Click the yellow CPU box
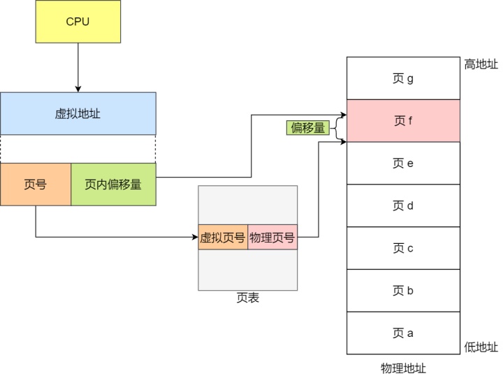pyautogui.click(x=78, y=22)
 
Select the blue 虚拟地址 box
pyautogui.click(x=78, y=113)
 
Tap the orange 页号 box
pyautogui.click(x=36, y=185)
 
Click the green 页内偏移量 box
pyautogui.click(x=113, y=185)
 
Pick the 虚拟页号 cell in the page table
pyautogui.click(x=223, y=238)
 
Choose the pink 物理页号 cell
pyautogui.click(x=272, y=238)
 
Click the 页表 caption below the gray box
pyautogui.click(x=247, y=298)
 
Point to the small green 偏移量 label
pyautogui.click(x=307, y=128)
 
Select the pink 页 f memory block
pyautogui.click(x=403, y=121)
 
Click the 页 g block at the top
pyautogui.click(x=403, y=78)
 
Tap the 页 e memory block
pyautogui.click(x=403, y=164)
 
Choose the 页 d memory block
pyautogui.click(x=403, y=205)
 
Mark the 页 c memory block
pyautogui.click(x=403, y=248)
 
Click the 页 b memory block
pyautogui.click(x=403, y=291)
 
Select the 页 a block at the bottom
pyautogui.click(x=403, y=333)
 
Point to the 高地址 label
pyautogui.click(x=481, y=64)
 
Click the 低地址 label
pyautogui.click(x=481, y=347)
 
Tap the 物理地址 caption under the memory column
pyautogui.click(x=403, y=368)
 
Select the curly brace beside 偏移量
pyautogui.click(x=337, y=128)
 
